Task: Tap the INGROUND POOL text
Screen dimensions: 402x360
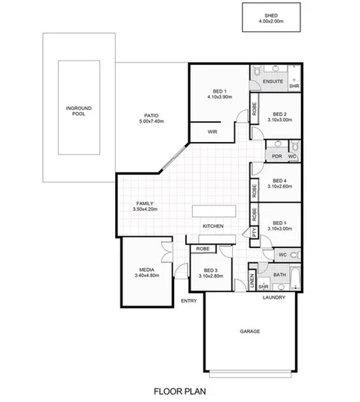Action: tap(73, 111)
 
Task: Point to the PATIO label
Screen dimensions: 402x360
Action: tap(152, 115)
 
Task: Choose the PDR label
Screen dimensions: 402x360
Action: tap(276, 156)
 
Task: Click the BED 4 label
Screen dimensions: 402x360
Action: tap(280, 180)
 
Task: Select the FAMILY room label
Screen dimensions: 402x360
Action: tap(144, 203)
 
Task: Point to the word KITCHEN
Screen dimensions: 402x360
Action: tap(214, 226)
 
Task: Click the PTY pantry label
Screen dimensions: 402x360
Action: tap(255, 233)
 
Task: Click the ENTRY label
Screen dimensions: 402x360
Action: tap(189, 301)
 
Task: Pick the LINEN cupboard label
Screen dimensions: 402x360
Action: tap(252, 280)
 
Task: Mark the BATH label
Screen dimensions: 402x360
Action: tap(279, 276)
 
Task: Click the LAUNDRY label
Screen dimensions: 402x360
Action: tap(274, 298)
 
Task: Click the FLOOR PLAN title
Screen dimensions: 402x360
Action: tap(179, 390)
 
